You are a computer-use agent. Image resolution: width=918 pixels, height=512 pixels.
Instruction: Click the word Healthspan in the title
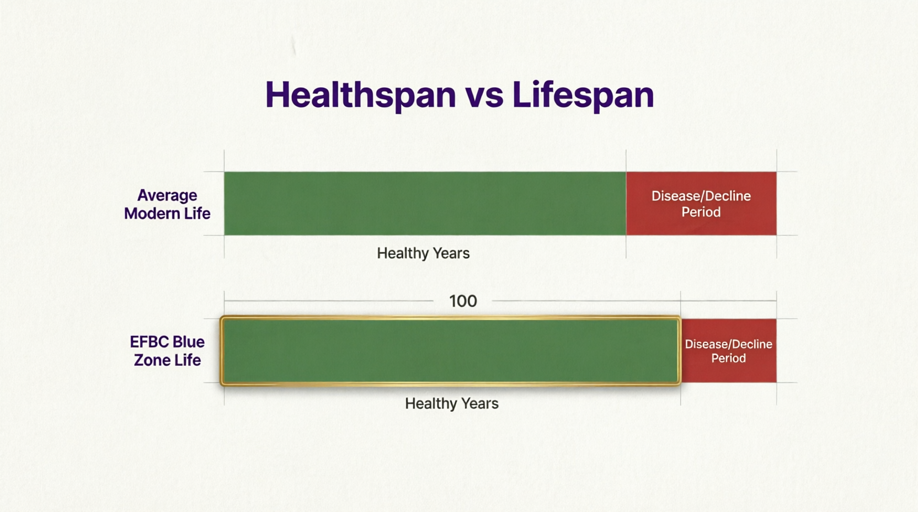[360, 94]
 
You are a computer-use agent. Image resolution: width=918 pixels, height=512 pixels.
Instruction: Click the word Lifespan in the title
[583, 94]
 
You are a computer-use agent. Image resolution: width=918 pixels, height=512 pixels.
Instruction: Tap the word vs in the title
[484, 95]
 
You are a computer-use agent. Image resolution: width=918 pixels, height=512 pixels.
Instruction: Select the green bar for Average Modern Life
[425, 203]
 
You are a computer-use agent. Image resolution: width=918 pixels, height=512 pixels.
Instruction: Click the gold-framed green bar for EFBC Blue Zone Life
[450, 350]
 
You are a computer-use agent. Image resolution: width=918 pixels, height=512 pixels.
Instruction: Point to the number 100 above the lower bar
[463, 301]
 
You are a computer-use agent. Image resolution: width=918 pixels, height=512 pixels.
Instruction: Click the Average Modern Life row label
[167, 204]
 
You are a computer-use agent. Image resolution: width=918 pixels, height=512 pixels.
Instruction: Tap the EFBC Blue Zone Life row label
[167, 351]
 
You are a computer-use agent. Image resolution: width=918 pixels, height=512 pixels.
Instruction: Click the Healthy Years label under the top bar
[423, 253]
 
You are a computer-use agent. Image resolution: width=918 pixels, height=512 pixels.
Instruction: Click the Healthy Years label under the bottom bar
[451, 404]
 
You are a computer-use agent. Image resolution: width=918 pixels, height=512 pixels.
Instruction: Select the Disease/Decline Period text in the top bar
[701, 204]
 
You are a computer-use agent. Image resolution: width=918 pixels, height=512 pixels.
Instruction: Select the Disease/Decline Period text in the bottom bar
[728, 351]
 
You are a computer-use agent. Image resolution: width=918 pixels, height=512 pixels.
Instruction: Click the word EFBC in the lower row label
[148, 342]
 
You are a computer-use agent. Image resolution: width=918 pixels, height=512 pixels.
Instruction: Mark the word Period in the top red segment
[701, 212]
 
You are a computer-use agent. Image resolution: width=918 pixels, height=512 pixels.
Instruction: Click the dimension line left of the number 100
[328, 301]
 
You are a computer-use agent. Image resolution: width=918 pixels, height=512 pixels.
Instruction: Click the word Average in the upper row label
[167, 195]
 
